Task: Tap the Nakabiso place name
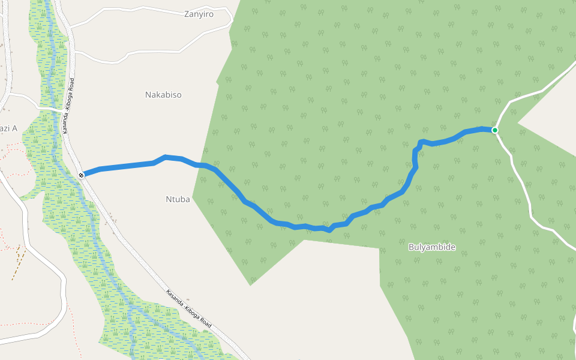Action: click(163, 95)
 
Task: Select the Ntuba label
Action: click(178, 199)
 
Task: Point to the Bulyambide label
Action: click(432, 247)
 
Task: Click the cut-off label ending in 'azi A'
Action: click(8, 128)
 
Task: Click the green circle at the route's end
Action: click(495, 130)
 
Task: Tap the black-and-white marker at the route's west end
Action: click(81, 175)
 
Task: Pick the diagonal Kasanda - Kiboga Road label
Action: click(188, 308)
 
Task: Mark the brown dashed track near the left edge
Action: click(18, 261)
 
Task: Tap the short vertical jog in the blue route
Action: click(415, 157)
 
